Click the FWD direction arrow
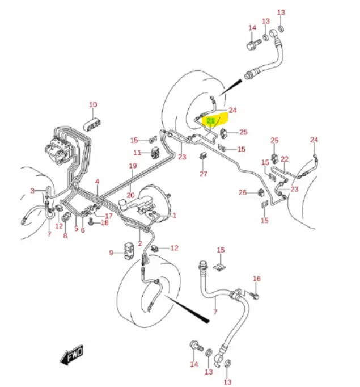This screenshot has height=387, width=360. (72, 355)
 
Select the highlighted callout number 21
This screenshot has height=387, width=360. (210, 121)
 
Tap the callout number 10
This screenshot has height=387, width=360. (93, 104)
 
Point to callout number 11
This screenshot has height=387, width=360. (137, 153)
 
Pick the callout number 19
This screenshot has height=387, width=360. (133, 166)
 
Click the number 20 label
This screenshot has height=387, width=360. (130, 195)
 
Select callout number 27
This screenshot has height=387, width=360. (203, 174)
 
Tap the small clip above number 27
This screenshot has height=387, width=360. (203, 156)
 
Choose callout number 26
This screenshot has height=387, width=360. (243, 192)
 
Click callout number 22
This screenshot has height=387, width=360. (284, 159)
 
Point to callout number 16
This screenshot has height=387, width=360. (256, 279)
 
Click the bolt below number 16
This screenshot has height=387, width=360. (255, 295)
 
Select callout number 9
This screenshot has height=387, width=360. (111, 253)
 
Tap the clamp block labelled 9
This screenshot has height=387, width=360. (129, 251)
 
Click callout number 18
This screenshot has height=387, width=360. (104, 222)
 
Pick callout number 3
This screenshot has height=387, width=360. (32, 190)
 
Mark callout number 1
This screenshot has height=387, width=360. (174, 215)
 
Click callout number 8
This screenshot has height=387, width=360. (65, 235)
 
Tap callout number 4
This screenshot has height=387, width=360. (97, 182)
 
